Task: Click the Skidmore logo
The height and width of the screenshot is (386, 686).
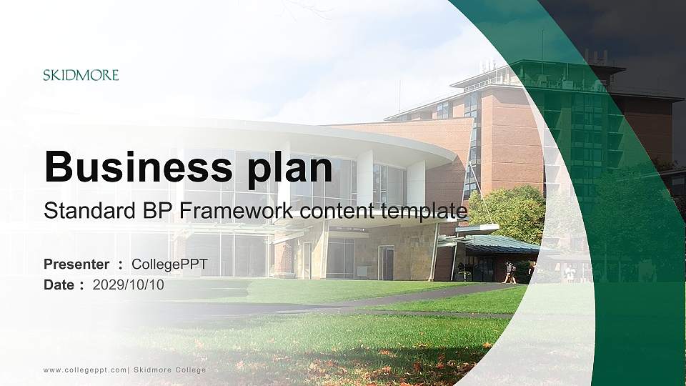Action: [81, 75]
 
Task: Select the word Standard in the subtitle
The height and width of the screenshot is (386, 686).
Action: [79, 211]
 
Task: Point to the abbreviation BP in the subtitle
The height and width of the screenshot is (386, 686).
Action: [136, 211]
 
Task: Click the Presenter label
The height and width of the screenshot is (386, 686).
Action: [76, 264]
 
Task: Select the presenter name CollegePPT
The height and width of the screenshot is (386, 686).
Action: [169, 264]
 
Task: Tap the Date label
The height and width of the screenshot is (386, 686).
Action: [60, 285]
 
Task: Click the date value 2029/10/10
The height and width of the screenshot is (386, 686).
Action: [129, 285]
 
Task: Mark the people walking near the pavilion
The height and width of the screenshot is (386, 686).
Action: [510, 272]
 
